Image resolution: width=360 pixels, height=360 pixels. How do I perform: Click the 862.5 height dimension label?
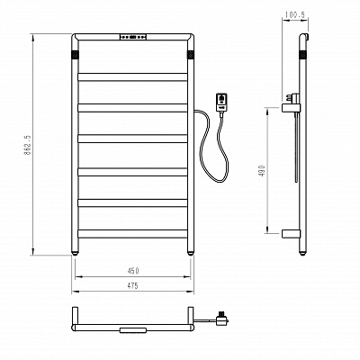27,145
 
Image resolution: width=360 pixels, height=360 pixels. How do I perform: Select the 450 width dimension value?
133,271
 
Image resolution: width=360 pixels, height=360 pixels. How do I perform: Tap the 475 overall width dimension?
132,286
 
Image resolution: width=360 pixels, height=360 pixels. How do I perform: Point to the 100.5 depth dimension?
295,14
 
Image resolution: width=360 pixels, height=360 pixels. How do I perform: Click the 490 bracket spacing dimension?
262,170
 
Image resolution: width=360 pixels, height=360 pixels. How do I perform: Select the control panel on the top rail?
133,37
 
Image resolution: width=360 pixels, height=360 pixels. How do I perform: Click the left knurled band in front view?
75,55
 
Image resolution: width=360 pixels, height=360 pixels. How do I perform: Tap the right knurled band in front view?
191,55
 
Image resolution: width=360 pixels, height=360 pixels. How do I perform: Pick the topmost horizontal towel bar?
132,76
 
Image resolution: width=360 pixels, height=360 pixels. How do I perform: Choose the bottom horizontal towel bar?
132,234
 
